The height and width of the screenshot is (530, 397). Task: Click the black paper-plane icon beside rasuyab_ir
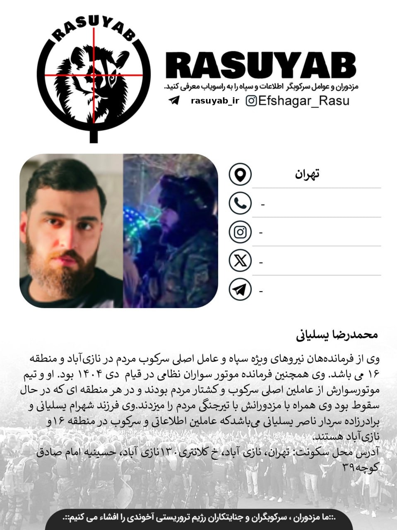[174, 101]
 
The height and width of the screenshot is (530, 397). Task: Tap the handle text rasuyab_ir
[215, 101]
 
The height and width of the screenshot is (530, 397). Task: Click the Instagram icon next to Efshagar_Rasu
[251, 101]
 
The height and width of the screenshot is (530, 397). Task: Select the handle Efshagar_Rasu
[303, 101]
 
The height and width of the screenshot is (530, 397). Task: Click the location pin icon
[240, 174]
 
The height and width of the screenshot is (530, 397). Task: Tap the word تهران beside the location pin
[307, 174]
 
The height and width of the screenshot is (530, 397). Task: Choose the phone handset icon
[240, 203]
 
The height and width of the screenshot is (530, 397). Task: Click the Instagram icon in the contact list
[240, 232]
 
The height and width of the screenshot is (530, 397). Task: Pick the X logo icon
[240, 261]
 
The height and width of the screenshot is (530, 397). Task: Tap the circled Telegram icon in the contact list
[240, 290]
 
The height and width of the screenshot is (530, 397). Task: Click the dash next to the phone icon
[263, 205]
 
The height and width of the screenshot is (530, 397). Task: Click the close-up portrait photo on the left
[71, 231]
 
